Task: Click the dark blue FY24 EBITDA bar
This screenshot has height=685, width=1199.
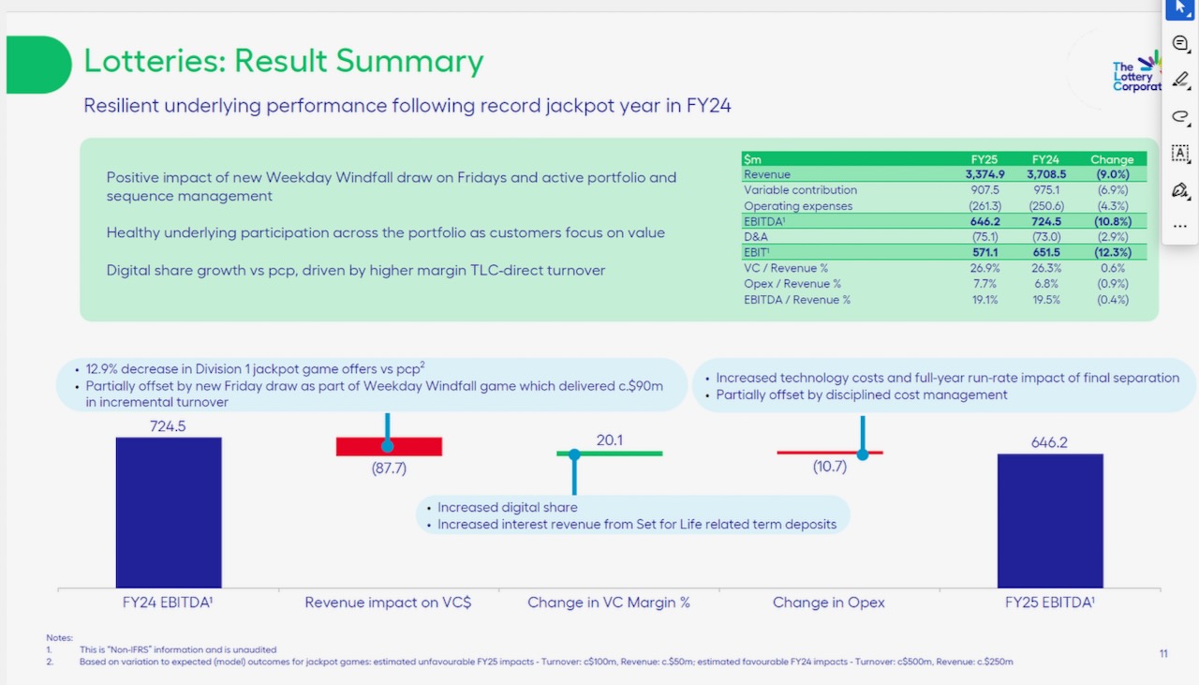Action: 169,513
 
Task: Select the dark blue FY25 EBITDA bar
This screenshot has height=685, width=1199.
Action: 1050,521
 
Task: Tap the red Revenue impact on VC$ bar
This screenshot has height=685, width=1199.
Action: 389,447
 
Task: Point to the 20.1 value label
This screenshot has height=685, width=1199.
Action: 609,440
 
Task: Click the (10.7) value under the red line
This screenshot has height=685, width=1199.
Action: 830,467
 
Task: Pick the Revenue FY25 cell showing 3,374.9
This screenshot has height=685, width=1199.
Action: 984,174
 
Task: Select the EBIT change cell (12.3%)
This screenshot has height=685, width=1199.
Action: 1111,252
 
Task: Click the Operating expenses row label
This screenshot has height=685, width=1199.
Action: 798,206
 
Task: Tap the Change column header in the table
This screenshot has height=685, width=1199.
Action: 1112,159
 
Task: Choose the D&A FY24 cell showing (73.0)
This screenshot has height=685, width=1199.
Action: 1045,237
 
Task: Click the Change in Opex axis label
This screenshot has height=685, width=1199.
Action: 828,603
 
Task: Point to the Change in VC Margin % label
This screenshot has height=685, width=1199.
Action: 609,603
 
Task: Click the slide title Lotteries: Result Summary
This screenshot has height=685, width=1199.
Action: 284,61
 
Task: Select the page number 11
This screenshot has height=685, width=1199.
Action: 1163,653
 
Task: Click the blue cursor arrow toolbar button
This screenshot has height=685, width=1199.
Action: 1180,7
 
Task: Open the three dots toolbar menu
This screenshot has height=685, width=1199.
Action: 1180,226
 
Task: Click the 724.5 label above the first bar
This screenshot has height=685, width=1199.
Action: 169,426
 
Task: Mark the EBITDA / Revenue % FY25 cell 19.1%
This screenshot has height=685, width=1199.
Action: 984,300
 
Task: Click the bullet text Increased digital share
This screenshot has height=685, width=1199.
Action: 508,507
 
